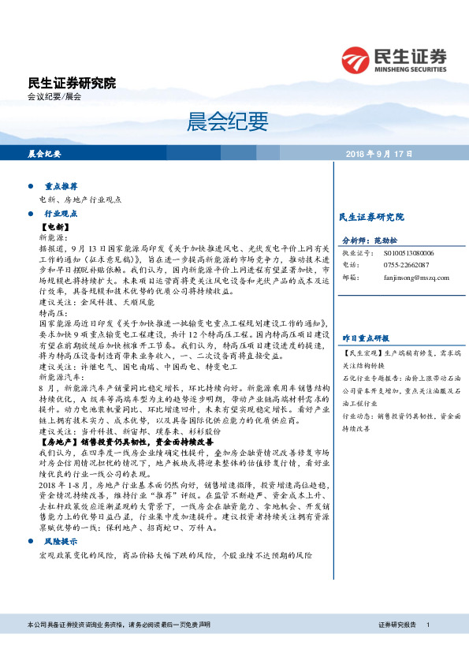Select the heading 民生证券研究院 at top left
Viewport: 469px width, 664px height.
[71, 83]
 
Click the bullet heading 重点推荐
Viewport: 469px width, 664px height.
[61, 188]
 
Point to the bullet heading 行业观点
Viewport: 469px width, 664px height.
[61, 214]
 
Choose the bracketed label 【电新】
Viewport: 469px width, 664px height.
[56, 226]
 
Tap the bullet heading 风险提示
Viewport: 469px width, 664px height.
[61, 498]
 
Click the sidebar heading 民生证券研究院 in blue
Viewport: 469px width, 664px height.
[370, 216]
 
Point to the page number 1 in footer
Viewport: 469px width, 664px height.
[426, 646]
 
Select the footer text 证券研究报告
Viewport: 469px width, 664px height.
[398, 646]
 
